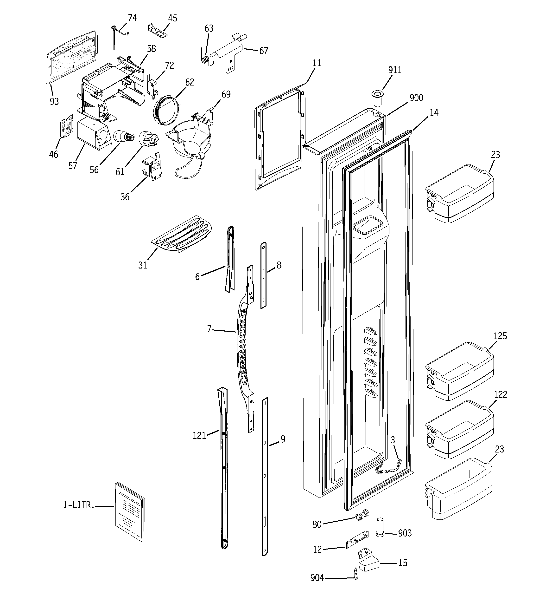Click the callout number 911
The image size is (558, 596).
[394, 70]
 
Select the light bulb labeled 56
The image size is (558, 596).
[123, 137]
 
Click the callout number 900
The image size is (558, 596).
[416, 98]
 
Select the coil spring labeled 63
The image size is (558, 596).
[205, 59]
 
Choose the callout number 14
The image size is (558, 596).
[434, 113]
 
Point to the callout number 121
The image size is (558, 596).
[199, 435]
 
